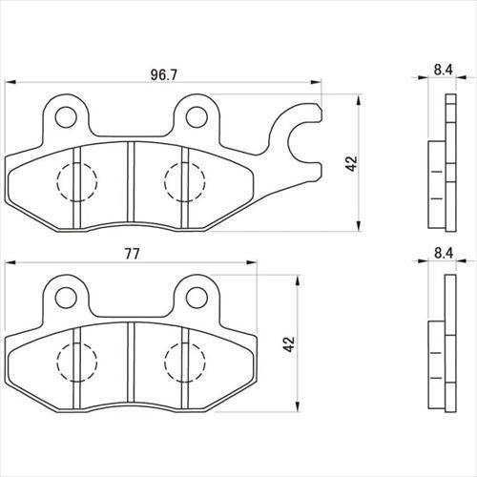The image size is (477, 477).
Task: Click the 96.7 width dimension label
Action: (163, 74)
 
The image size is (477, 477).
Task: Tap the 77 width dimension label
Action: (132, 254)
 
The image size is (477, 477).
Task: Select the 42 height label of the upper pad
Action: (352, 163)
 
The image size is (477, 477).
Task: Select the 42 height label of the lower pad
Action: (289, 343)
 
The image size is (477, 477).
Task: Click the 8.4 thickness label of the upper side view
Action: (444, 70)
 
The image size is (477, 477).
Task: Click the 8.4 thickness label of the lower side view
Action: (444, 254)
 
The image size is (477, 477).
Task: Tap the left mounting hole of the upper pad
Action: (66, 117)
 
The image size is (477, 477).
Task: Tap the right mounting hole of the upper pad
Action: (197, 117)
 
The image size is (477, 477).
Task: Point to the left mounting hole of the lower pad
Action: (66, 298)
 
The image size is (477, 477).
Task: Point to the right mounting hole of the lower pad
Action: (197, 298)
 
